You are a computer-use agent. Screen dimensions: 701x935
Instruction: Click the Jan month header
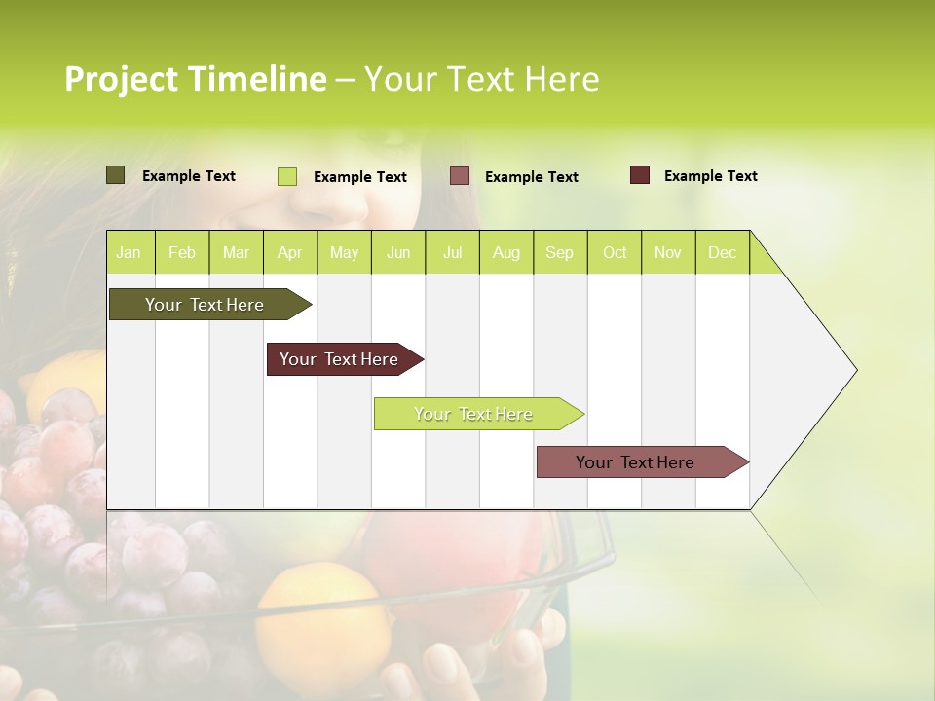tap(130, 252)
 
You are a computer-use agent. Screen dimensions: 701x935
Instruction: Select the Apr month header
tap(290, 252)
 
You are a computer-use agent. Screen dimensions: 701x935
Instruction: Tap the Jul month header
tap(452, 252)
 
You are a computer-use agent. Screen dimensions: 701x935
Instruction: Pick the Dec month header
tap(722, 252)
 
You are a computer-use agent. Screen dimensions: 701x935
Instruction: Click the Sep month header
tap(559, 252)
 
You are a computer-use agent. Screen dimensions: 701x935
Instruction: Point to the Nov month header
tap(668, 252)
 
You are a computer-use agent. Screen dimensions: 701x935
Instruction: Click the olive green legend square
tap(115, 175)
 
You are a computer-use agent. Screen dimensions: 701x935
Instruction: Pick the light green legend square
tap(286, 176)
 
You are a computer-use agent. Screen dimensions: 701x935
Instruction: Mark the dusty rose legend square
tap(460, 176)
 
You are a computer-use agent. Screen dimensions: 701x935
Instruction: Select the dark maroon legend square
tap(639, 175)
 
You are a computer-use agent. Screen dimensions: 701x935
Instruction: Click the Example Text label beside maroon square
tap(710, 175)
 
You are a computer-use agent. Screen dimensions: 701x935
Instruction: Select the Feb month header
tap(182, 252)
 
